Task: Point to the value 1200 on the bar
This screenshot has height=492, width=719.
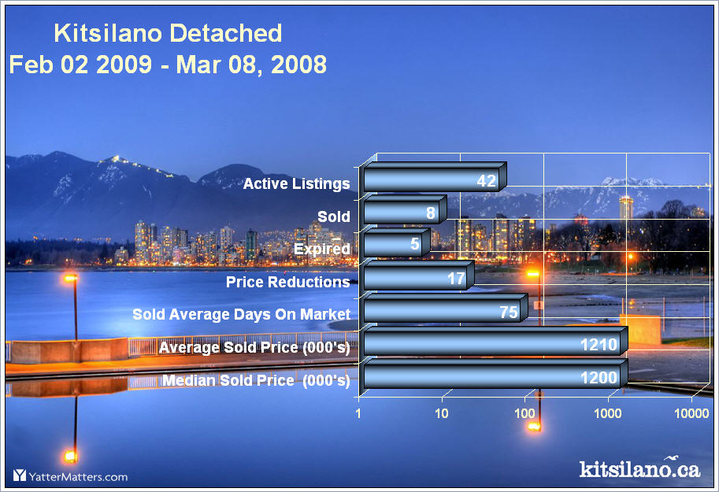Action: pyautogui.click(x=599, y=378)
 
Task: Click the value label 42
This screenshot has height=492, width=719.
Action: pyautogui.click(x=487, y=180)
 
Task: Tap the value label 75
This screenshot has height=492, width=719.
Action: pyautogui.click(x=509, y=313)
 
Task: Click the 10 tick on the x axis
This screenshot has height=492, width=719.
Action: pyautogui.click(x=441, y=413)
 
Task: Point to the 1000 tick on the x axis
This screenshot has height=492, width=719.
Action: pyautogui.click(x=608, y=413)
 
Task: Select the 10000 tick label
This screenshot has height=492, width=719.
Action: pyautogui.click(x=691, y=413)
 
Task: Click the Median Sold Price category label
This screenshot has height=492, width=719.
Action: pyautogui.click(x=256, y=380)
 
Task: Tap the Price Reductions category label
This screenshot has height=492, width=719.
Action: pyautogui.click(x=288, y=282)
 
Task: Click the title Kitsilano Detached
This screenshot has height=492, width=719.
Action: pyautogui.click(x=168, y=33)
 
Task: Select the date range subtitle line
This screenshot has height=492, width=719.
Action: pyautogui.click(x=168, y=65)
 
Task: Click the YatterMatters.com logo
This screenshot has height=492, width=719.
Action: pyautogui.click(x=70, y=476)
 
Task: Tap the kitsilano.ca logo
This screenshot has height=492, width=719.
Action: pyautogui.click(x=639, y=468)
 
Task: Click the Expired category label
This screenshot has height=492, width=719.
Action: pyautogui.click(x=322, y=249)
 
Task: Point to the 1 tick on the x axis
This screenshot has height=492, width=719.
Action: pyautogui.click(x=358, y=413)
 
